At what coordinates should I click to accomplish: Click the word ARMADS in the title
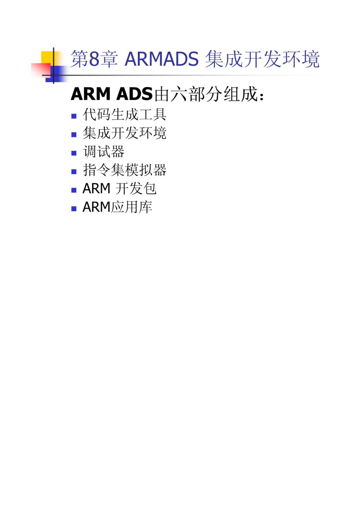click(x=161, y=59)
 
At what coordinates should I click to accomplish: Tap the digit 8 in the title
click(x=94, y=59)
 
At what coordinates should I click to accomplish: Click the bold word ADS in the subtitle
click(x=134, y=94)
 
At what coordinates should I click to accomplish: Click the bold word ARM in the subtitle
click(x=91, y=94)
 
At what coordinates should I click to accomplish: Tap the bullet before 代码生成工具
click(x=74, y=116)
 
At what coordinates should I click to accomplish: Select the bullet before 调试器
click(x=74, y=153)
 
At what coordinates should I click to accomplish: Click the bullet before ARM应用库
click(x=74, y=208)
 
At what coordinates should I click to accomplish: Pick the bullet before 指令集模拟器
click(x=74, y=171)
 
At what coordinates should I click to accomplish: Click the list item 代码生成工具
click(x=125, y=114)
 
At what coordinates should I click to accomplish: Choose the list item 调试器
click(x=104, y=151)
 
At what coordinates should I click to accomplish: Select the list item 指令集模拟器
click(x=125, y=170)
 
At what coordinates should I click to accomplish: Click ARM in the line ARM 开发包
click(x=97, y=189)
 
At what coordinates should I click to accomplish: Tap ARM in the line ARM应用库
click(x=97, y=207)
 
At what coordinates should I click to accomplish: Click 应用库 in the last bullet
click(x=131, y=207)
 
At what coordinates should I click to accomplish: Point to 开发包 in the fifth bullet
click(x=136, y=189)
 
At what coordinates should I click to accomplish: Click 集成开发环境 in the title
click(x=262, y=59)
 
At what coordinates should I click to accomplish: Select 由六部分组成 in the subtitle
click(x=209, y=94)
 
